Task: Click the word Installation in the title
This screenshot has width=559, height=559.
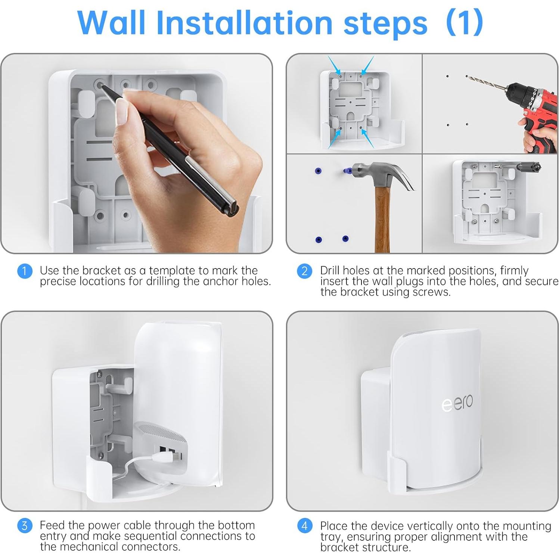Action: coord(244,23)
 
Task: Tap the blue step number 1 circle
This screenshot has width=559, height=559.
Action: coord(25,271)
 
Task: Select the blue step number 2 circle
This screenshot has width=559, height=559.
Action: coord(304,271)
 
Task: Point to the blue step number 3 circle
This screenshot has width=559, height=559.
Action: coord(25,526)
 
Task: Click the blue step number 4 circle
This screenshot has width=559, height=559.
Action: coord(304,526)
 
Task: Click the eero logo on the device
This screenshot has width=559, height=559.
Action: coord(457,403)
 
